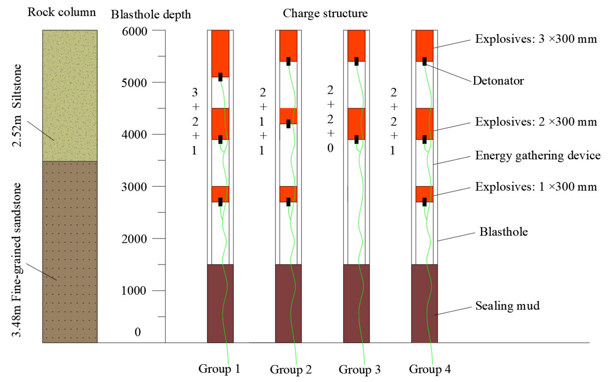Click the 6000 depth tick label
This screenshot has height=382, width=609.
coord(134,32)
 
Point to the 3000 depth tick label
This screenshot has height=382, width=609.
coord(134,187)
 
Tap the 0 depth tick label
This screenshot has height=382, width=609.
coord(138,332)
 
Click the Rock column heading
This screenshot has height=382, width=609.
coord(62,12)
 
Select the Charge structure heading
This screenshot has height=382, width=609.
coord(325,13)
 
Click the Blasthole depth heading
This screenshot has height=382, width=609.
coord(151,14)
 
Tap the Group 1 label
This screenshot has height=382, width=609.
coord(219,369)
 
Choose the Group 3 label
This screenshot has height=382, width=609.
coord(359,369)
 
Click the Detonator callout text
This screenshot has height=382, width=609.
coord(498,81)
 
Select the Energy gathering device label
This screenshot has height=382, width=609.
coord(538,155)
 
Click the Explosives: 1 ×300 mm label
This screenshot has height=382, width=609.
coord(536,187)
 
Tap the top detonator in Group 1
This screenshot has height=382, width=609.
coord(220,77)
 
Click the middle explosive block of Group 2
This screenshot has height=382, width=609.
coord(288,116)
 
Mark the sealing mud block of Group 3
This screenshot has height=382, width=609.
coord(356,303)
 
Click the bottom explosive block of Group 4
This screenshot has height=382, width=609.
coord(424,193)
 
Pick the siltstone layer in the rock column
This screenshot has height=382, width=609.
coord(70,95)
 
